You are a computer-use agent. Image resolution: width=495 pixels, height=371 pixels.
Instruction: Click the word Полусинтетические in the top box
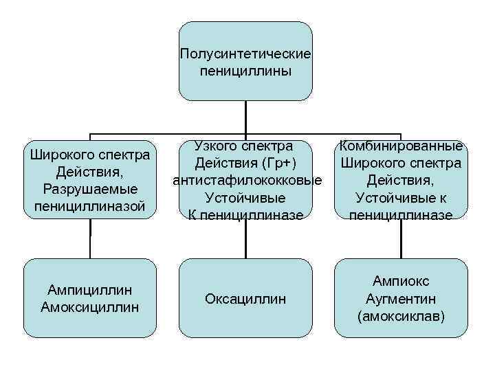(x=245, y=53)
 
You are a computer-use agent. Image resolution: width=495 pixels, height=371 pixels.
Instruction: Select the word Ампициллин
(x=90, y=290)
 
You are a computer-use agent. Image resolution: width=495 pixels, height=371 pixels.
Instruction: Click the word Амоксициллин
(x=90, y=306)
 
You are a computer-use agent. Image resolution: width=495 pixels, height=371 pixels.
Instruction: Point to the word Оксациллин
(x=245, y=299)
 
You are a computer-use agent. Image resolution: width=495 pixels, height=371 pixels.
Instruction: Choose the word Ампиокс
(x=401, y=281)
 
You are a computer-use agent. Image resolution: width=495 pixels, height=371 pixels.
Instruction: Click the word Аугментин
(x=401, y=299)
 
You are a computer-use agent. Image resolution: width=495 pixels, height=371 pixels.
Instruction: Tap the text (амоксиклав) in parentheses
(x=401, y=316)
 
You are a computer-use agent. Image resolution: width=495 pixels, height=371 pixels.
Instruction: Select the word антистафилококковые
(x=248, y=181)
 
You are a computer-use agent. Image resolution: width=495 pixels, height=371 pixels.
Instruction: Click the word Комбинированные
(x=401, y=146)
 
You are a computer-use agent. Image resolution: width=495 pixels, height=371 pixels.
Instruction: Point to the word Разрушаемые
(x=90, y=189)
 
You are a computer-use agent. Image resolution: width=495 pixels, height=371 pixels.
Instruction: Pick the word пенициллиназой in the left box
(x=90, y=205)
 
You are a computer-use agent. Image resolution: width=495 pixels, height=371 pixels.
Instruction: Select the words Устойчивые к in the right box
(x=401, y=198)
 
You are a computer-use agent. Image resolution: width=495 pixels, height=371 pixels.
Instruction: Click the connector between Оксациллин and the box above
(x=245, y=240)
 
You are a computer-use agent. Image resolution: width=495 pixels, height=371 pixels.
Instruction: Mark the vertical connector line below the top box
(x=245, y=117)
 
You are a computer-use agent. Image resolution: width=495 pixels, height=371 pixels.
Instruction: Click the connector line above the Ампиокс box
(x=401, y=240)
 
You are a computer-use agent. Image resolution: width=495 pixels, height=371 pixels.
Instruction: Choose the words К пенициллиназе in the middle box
(x=245, y=215)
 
